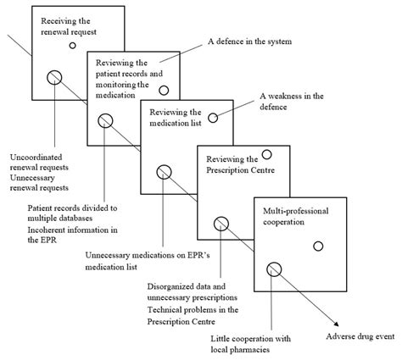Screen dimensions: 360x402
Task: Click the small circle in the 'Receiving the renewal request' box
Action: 74,46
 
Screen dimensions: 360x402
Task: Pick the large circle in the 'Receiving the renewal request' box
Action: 53,77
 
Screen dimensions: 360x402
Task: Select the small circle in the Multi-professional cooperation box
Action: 318,246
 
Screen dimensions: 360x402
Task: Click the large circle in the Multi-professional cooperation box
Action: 274,269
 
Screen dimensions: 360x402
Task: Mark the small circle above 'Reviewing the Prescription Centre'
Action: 266,154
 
